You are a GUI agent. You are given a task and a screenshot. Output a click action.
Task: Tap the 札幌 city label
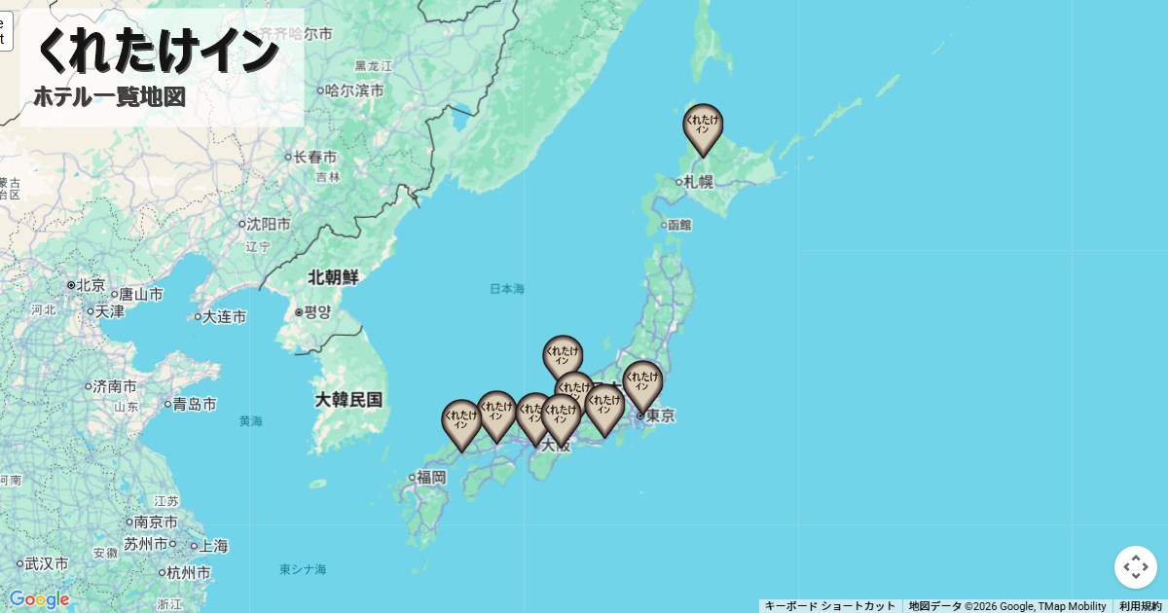click(697, 181)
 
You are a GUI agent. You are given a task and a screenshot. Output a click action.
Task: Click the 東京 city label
click(659, 415)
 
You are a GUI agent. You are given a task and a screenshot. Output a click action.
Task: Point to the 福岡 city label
click(430, 477)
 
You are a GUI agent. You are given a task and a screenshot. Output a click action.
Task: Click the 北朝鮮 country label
click(333, 277)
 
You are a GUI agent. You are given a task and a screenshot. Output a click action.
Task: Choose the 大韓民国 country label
click(348, 399)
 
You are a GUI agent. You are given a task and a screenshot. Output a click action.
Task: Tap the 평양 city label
click(317, 312)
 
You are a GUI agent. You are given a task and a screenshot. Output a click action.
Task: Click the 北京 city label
click(90, 285)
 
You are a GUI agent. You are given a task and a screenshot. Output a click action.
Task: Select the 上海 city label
click(213, 546)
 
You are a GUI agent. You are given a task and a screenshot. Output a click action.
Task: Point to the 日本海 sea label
click(506, 289)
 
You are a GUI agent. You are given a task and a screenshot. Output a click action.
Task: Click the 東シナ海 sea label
click(303, 569)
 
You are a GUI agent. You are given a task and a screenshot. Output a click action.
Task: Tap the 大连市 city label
click(224, 316)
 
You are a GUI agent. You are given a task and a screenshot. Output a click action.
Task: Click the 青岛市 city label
click(194, 404)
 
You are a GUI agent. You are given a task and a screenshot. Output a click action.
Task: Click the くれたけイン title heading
click(157, 51)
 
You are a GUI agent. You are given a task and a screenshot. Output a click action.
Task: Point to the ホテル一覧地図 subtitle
click(109, 97)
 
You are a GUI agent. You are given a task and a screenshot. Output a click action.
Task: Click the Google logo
click(39, 599)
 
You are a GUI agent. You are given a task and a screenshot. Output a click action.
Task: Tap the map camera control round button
click(1135, 567)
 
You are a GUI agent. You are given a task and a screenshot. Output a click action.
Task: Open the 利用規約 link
click(1140, 606)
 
